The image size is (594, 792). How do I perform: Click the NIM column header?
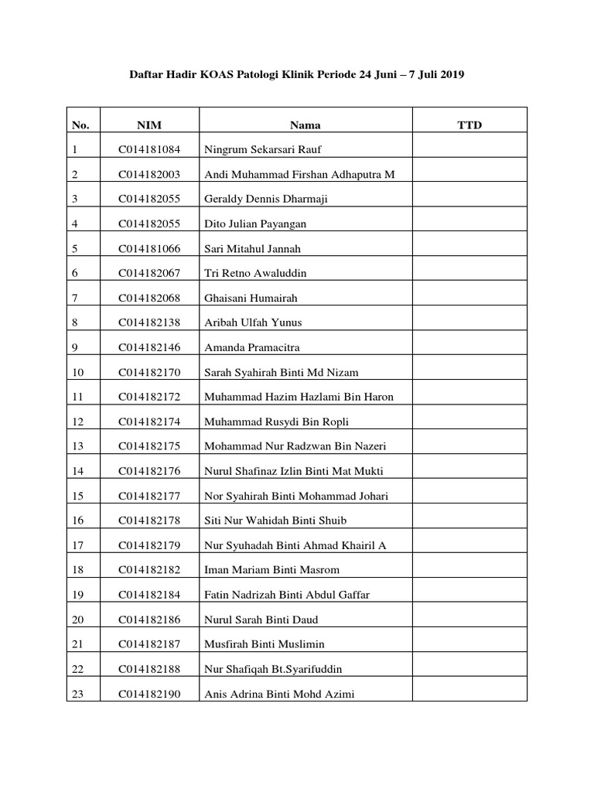pyautogui.click(x=149, y=125)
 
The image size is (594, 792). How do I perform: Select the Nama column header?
pyautogui.click(x=306, y=125)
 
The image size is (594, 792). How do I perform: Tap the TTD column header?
pyautogui.click(x=469, y=125)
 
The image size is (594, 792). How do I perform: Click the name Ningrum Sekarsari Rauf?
pyautogui.click(x=256, y=150)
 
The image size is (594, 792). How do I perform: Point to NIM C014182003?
pyautogui.click(x=149, y=175)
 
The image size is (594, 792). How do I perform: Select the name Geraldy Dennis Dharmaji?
pyautogui.click(x=266, y=200)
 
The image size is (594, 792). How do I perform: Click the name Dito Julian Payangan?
pyautogui.click(x=255, y=224)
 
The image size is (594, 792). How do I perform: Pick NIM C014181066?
pyautogui.click(x=149, y=249)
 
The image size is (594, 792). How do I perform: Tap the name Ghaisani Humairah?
pyautogui.click(x=251, y=299)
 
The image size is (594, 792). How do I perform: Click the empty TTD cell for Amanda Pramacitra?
pyautogui.click(x=469, y=348)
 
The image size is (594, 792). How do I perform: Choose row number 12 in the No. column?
pyautogui.click(x=77, y=422)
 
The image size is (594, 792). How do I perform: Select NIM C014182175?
pyautogui.click(x=149, y=447)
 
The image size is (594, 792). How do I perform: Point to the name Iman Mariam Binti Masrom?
pyautogui.click(x=271, y=571)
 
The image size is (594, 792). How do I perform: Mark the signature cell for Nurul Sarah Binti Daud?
pyautogui.click(x=469, y=620)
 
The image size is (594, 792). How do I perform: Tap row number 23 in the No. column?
pyautogui.click(x=77, y=695)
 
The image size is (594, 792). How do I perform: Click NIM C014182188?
pyautogui.click(x=149, y=670)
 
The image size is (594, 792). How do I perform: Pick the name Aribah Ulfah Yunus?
pyautogui.click(x=253, y=323)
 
